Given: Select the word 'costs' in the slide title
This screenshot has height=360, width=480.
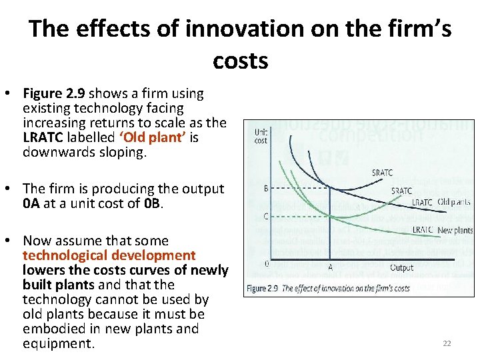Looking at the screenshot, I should (240, 61).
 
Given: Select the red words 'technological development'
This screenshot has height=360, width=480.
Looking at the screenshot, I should (109, 255).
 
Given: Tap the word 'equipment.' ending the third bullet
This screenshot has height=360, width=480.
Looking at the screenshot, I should (59, 343).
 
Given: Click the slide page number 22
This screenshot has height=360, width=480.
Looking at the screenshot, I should (447, 343).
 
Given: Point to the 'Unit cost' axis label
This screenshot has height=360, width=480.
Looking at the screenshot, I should (261, 136).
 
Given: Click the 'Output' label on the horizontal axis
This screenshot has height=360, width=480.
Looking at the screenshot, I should (401, 267).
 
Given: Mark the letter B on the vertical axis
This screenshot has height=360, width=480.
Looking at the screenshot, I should (267, 189).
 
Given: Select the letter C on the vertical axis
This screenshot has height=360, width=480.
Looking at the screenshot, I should (267, 216).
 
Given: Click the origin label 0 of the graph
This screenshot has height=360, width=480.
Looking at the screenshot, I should (267, 264).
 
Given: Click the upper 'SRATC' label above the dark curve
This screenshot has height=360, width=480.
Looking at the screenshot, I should (382, 173).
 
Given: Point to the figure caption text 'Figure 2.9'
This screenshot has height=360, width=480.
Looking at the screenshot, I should (263, 288).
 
